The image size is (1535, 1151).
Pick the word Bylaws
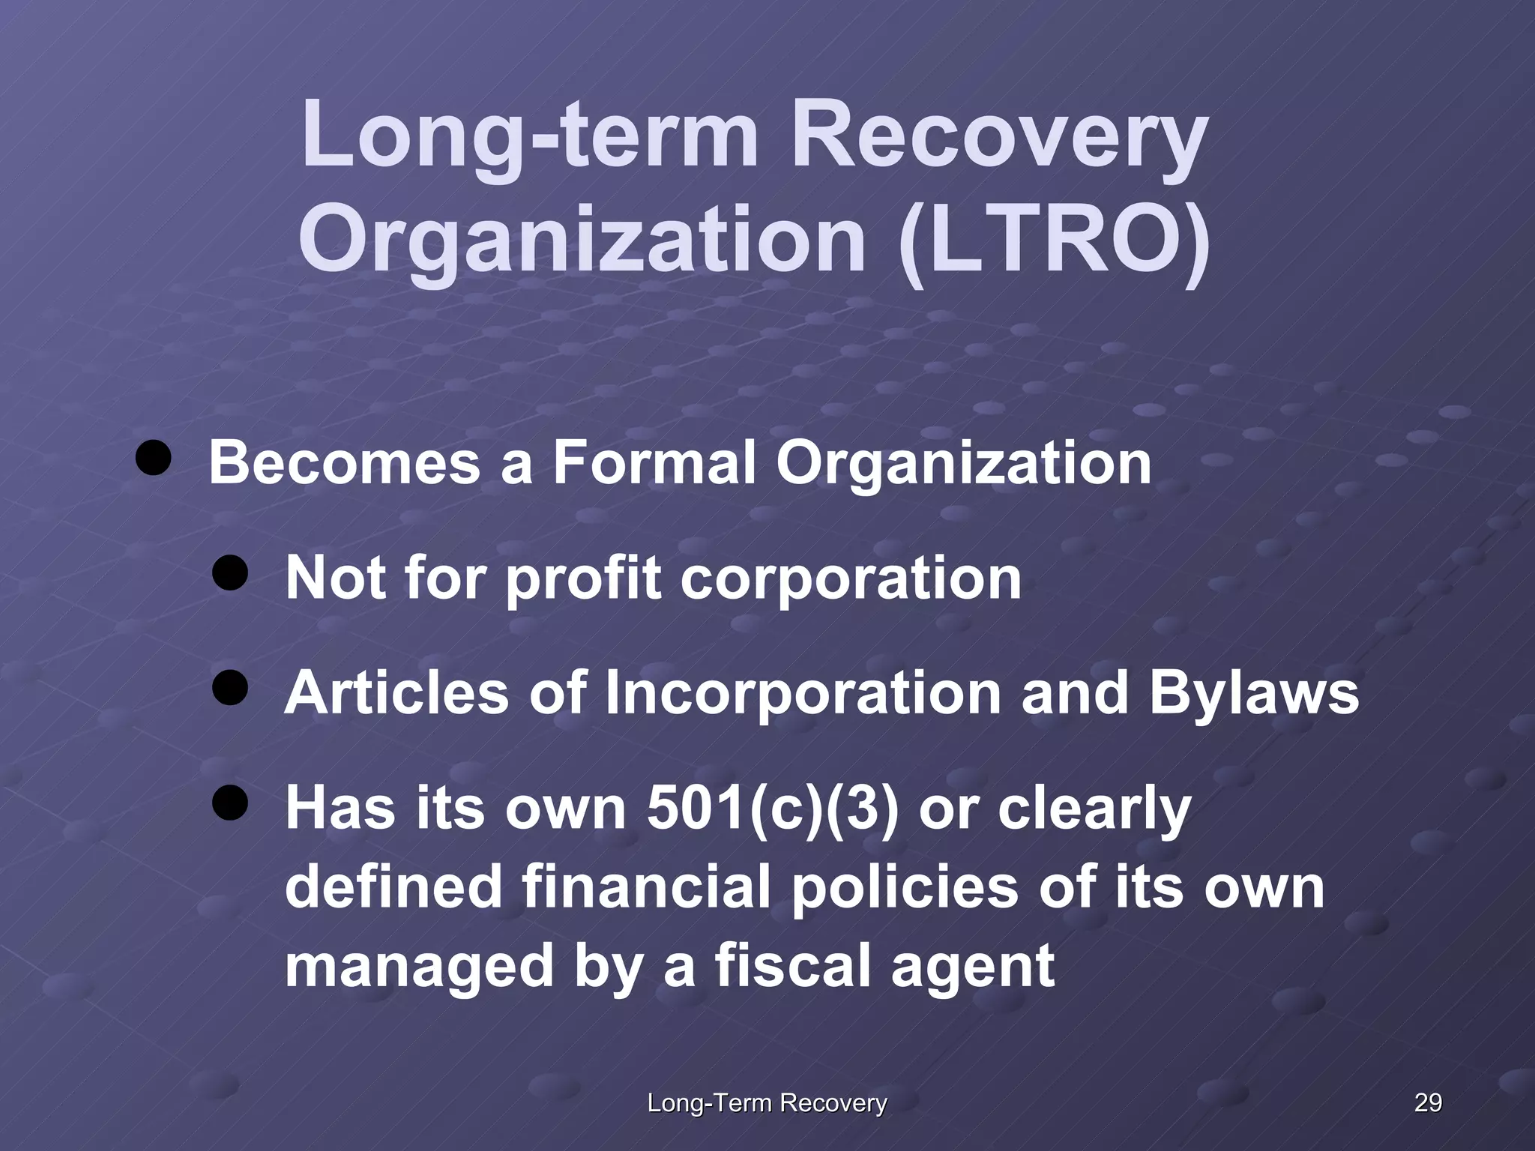click(1254, 693)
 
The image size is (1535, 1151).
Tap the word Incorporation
click(803, 693)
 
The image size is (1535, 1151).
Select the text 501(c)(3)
click(772, 809)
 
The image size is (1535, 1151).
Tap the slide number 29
click(1428, 1102)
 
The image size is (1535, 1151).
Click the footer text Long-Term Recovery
click(767, 1102)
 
